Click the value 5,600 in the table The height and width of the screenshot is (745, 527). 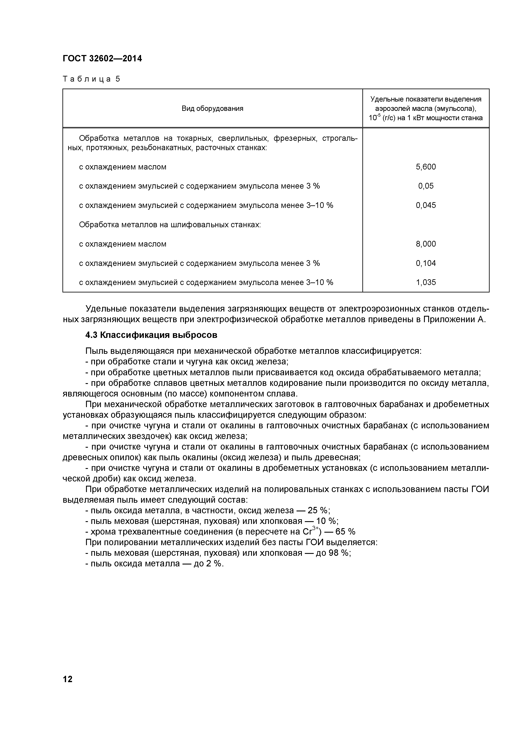pos(426,167)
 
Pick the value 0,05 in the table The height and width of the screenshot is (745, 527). pos(426,186)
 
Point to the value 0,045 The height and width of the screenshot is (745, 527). pos(426,205)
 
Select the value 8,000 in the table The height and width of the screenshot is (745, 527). pos(426,244)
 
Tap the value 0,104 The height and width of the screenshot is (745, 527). pos(426,263)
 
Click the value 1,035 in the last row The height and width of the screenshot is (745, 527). pos(426,282)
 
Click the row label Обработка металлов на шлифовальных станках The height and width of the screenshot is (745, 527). pos(170,224)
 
